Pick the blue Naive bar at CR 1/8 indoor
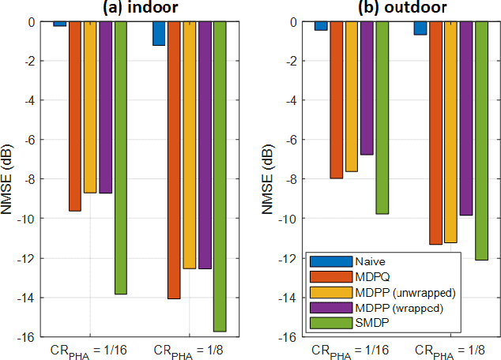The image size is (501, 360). (x=159, y=33)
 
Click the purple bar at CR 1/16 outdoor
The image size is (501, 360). (x=367, y=88)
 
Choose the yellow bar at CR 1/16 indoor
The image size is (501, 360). (x=90, y=107)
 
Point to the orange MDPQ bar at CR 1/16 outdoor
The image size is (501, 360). (x=336, y=99)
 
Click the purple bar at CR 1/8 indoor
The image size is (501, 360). (x=205, y=145)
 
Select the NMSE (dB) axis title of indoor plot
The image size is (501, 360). (x=9, y=179)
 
